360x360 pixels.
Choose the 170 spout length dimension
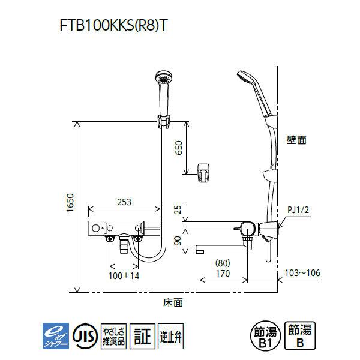click(223, 274)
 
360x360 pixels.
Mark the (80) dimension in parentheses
click(223, 263)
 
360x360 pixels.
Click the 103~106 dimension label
click(302, 273)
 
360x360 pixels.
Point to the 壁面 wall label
click(296, 139)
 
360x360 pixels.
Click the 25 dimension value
click(178, 209)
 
